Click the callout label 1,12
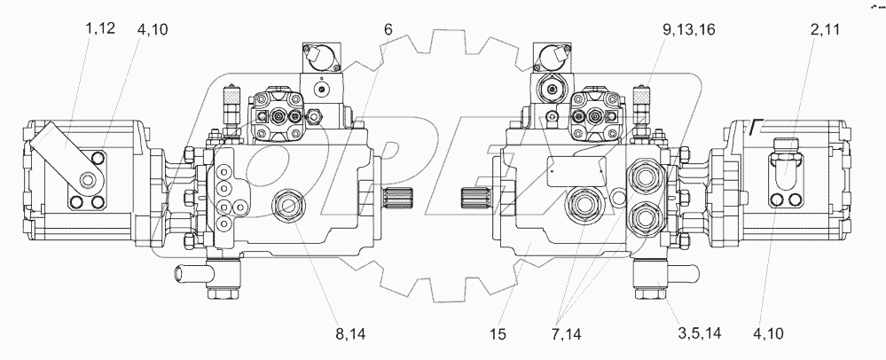(100, 28)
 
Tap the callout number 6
(388, 29)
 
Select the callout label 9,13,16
(689, 30)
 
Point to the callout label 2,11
(826, 30)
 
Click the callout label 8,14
(350, 334)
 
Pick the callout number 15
(498, 334)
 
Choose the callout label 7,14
(566, 334)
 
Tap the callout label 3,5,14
(699, 333)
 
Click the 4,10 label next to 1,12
(152, 29)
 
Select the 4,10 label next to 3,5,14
(768, 334)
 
